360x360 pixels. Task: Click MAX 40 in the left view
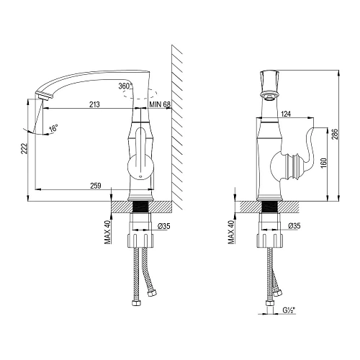[107, 231]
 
